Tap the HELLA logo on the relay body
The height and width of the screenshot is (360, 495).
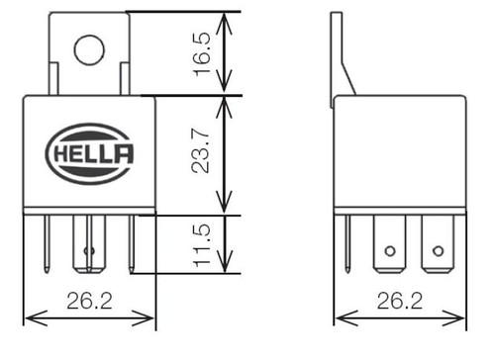89,152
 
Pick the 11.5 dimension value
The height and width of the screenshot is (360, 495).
202,244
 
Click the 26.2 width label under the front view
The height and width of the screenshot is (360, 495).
90,301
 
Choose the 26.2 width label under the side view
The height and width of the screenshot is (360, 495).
401,301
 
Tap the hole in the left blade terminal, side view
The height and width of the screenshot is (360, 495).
389,250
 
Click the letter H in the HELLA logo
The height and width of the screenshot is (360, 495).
58,153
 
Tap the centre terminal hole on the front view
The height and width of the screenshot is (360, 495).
90,250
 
